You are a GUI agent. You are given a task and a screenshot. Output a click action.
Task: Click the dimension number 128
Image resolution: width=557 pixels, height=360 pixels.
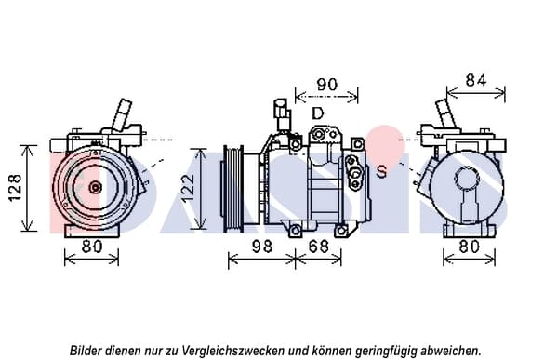point(16,187)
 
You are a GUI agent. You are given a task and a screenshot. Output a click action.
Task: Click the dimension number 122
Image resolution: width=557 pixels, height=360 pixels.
point(188,188)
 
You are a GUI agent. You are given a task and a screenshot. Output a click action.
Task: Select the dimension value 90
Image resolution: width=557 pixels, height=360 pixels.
point(326,85)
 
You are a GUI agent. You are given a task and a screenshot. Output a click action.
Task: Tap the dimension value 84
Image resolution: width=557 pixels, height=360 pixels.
point(476,80)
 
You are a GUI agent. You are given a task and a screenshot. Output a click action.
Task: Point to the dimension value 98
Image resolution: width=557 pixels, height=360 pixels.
point(262,247)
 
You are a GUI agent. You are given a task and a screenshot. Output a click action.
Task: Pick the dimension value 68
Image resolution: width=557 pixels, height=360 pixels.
point(319,247)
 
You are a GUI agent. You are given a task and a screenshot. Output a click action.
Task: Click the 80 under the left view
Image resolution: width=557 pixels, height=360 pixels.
point(92,247)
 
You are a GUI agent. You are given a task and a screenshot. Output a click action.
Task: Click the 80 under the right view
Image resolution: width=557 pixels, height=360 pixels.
point(470,247)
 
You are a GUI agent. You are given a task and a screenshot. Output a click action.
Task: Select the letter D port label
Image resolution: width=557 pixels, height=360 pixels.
point(318,113)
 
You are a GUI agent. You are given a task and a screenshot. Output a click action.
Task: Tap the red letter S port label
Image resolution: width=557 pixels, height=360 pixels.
point(381,172)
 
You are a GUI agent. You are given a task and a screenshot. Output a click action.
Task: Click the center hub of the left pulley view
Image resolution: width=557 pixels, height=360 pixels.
point(95,187)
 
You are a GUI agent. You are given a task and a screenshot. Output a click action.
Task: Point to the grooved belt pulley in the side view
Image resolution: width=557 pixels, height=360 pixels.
point(232,189)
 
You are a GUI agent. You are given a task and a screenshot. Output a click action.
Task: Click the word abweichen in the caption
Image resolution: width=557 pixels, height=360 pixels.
point(449,351)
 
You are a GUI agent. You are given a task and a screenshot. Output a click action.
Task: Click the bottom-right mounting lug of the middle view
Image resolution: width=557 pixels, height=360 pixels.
point(341,231)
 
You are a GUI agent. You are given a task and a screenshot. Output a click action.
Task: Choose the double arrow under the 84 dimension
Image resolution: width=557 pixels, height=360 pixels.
point(476,93)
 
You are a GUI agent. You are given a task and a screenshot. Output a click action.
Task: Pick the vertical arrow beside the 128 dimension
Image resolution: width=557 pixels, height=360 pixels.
point(28,188)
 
